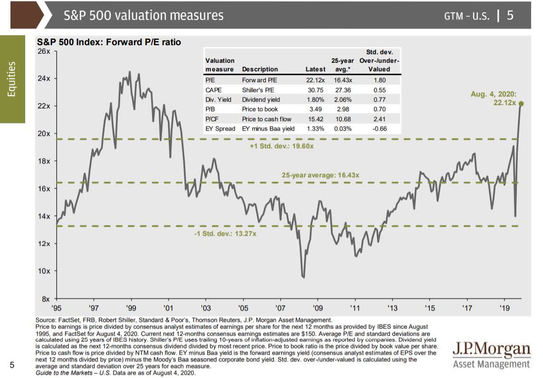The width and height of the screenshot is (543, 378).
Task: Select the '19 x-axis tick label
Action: click(x=504, y=308)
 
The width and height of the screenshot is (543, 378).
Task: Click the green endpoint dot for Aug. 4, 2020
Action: click(x=521, y=103)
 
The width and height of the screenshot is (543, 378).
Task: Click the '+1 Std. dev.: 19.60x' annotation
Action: click(x=282, y=146)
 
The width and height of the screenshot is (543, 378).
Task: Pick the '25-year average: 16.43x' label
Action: click(x=321, y=175)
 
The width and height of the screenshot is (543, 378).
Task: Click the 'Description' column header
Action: click(x=260, y=69)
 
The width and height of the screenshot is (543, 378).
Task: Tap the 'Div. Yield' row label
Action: click(x=218, y=100)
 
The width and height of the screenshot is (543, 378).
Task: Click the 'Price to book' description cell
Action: click(x=260, y=109)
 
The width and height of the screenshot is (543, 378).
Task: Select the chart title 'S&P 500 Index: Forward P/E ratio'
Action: click(x=109, y=42)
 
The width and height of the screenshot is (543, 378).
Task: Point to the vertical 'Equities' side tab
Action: click(x=12, y=78)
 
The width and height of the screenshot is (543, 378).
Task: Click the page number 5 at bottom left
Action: click(x=13, y=365)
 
